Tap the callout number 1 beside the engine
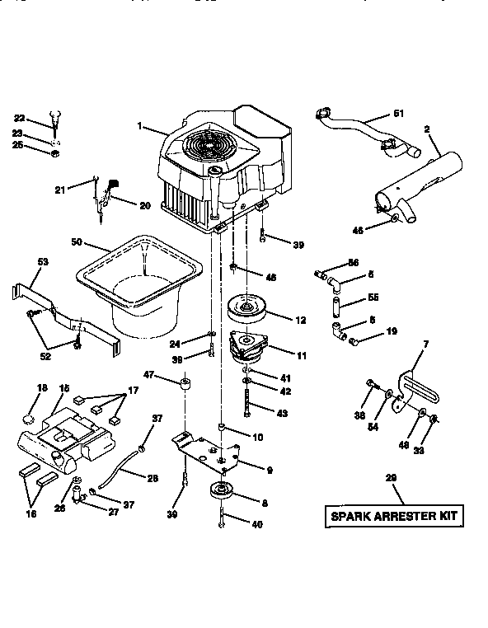(x=140, y=126)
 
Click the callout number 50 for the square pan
(x=77, y=242)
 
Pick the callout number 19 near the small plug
(x=392, y=332)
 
